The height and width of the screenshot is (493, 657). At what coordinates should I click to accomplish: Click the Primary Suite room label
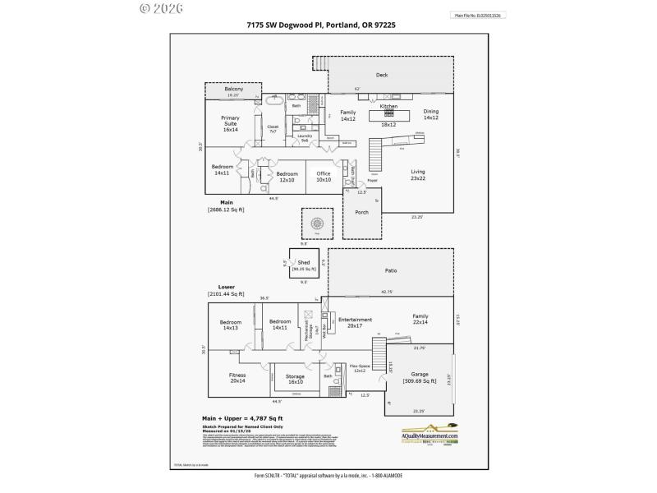pyautogui.click(x=230, y=123)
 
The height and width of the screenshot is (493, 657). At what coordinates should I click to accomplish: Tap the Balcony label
pyautogui.click(x=235, y=89)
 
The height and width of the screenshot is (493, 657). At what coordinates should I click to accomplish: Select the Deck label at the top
pyautogui.click(x=381, y=75)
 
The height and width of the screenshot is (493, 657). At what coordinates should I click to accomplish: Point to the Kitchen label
pyautogui.click(x=388, y=107)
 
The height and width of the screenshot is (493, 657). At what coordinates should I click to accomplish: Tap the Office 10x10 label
pyautogui.click(x=324, y=176)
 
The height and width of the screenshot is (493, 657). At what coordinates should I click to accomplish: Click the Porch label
pyautogui.click(x=361, y=212)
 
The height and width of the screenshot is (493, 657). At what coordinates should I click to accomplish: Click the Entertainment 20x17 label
pyautogui.click(x=356, y=322)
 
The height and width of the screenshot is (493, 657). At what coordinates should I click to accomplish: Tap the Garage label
pyautogui.click(x=420, y=377)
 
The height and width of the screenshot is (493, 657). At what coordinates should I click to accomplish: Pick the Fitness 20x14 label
pyautogui.click(x=237, y=378)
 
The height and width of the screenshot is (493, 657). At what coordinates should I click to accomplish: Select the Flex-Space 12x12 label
pyautogui.click(x=359, y=369)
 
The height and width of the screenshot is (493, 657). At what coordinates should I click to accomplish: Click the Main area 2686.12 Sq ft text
pyautogui.click(x=227, y=206)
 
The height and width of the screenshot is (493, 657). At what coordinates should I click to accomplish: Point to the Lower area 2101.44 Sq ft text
pyautogui.click(x=226, y=291)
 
